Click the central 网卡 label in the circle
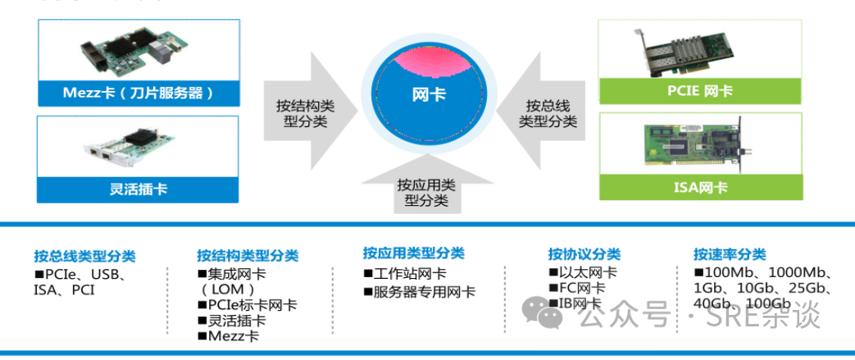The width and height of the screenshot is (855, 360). click(x=429, y=95)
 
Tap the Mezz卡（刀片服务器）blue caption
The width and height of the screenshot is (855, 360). click(x=139, y=93)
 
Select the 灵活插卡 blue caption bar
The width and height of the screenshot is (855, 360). click(x=138, y=189)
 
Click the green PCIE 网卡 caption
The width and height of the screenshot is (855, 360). click(x=700, y=91)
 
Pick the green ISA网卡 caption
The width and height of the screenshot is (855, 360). click(x=701, y=188)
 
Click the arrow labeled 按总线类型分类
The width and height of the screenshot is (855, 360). click(x=543, y=111)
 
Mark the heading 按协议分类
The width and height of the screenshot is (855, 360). click(x=584, y=254)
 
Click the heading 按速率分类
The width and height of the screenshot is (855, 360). click(x=730, y=254)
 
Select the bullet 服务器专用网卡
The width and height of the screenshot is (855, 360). click(x=420, y=292)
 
